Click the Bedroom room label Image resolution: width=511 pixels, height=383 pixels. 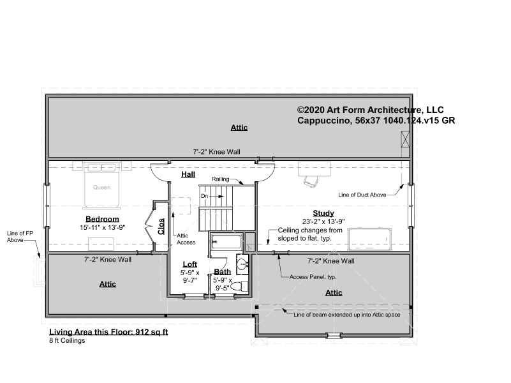102,219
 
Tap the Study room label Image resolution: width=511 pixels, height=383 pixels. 323,213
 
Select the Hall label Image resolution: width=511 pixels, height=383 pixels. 188,174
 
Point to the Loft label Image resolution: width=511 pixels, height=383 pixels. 189,264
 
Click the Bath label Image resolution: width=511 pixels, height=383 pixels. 222,271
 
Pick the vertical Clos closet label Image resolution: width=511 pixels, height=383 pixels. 161,226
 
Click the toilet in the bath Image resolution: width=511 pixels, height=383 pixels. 239,287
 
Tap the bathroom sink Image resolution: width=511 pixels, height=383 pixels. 242,264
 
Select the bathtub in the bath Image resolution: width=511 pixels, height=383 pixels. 226,241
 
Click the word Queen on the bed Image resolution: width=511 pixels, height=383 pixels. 101,188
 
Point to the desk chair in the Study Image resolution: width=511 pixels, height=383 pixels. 311,181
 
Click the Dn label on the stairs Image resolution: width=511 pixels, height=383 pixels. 204,196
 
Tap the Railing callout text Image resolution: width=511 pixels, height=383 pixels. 221,179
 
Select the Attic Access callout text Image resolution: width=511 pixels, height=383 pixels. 186,239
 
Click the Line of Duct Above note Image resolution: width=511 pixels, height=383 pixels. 362,195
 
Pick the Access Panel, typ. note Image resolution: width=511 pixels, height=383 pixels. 313,277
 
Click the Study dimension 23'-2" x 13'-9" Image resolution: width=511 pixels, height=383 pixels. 323,222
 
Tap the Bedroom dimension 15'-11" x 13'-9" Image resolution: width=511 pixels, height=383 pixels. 103,227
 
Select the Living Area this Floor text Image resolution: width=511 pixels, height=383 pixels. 108,332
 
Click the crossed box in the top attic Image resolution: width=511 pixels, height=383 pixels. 405,139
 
